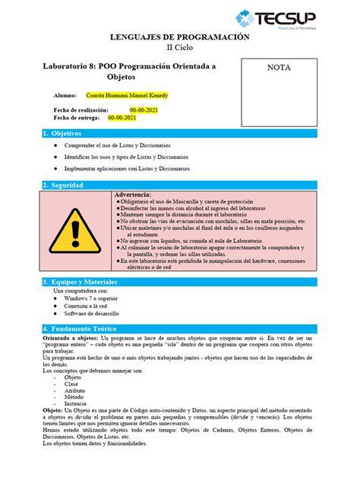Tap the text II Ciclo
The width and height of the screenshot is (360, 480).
pyautogui.click(x=180, y=48)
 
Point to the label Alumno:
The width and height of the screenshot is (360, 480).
pyautogui.click(x=66, y=96)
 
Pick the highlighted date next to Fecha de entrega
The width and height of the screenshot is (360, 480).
pyautogui.click(x=122, y=118)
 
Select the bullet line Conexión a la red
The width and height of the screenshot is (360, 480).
pyautogui.click(x=90, y=305)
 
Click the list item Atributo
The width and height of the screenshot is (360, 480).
pyautogui.click(x=75, y=391)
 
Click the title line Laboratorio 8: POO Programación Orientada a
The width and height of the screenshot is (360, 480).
pyautogui.click(x=130, y=67)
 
